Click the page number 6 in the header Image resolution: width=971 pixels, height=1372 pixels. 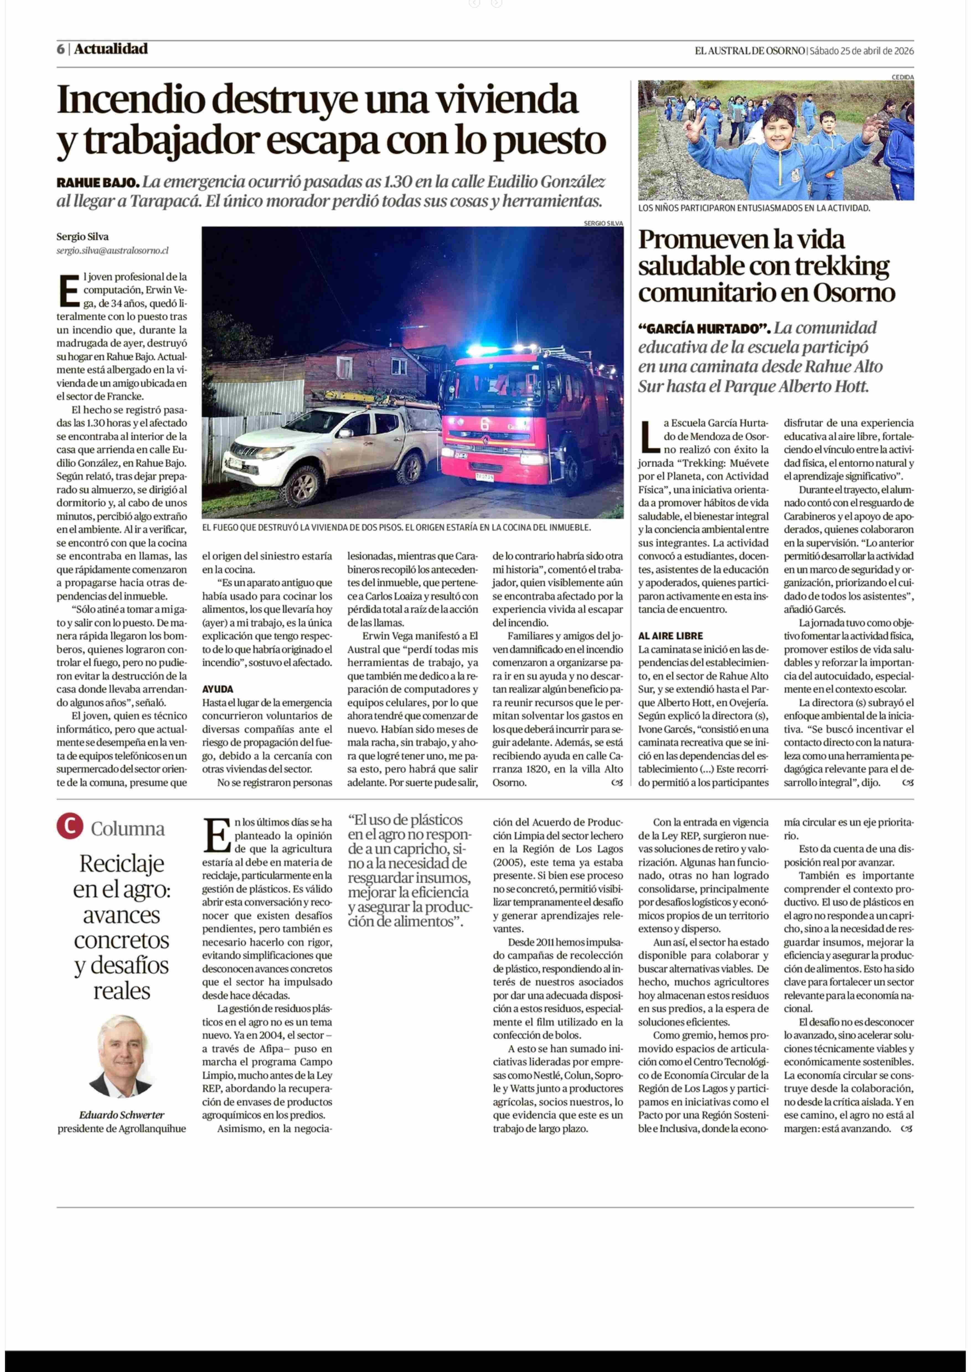(60, 49)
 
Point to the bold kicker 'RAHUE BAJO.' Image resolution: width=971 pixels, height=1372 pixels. (97, 182)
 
